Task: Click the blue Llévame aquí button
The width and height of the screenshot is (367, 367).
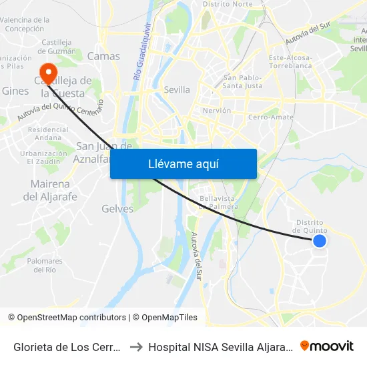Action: (183, 163)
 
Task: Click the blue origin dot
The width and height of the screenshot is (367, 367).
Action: (320, 241)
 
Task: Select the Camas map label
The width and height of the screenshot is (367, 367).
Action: (103, 56)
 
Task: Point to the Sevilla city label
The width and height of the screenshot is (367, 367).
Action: (177, 89)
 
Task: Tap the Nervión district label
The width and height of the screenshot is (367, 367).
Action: (216, 110)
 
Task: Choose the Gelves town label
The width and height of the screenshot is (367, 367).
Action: (117, 209)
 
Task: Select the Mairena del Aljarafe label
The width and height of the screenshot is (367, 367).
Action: (50, 190)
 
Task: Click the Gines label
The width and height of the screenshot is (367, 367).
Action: (15, 91)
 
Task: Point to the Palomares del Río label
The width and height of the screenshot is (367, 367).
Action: (45, 265)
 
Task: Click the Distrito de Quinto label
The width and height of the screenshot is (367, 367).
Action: (308, 227)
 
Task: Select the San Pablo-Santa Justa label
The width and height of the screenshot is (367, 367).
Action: (242, 81)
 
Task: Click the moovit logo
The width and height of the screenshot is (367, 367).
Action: (327, 346)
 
